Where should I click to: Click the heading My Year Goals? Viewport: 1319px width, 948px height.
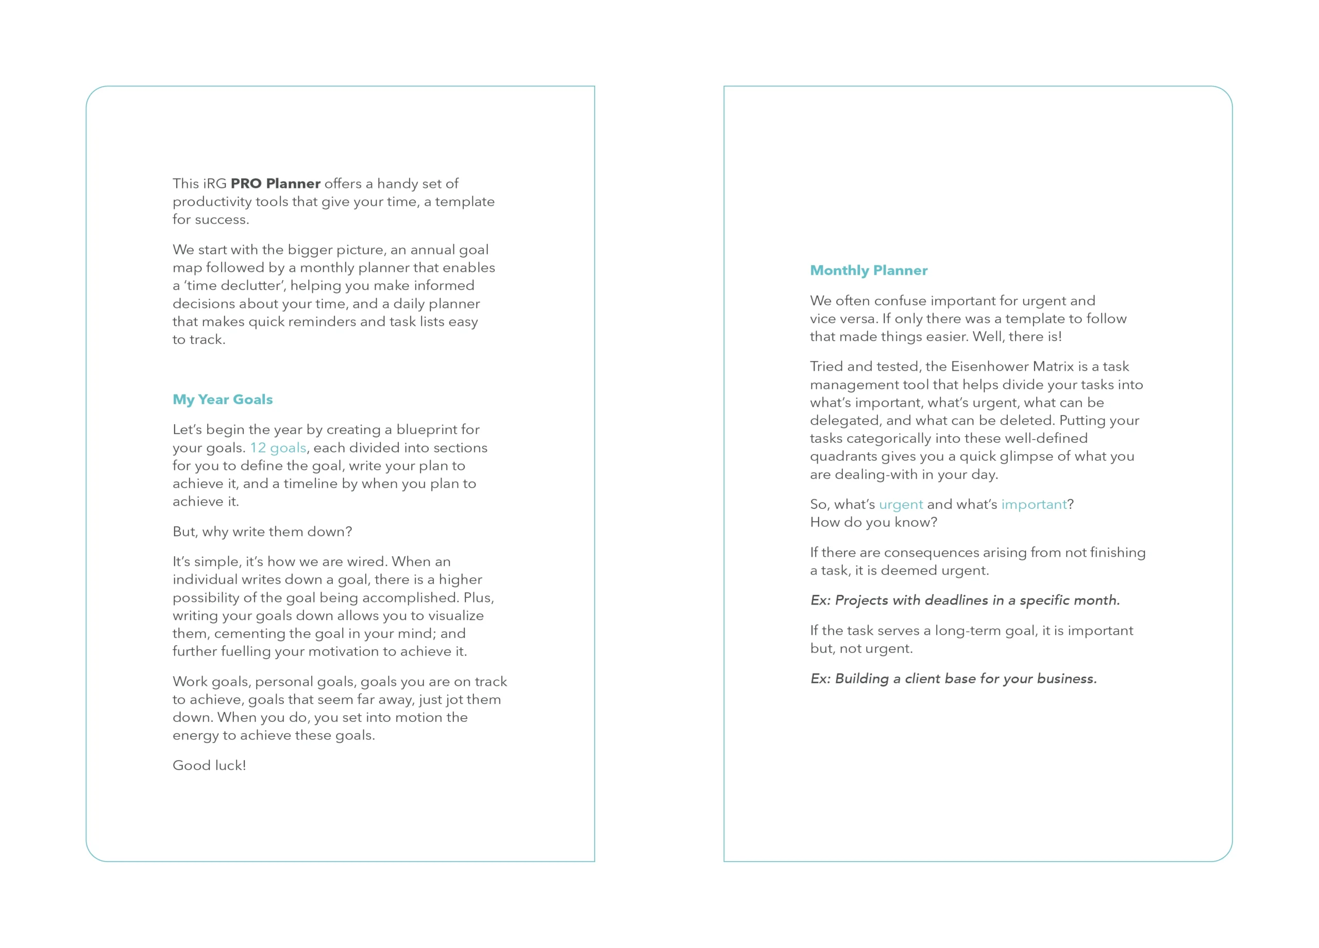pyautogui.click(x=222, y=399)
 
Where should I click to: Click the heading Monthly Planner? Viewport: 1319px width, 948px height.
pyautogui.click(x=868, y=270)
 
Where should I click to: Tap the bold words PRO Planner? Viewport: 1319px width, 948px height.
pyautogui.click(x=275, y=184)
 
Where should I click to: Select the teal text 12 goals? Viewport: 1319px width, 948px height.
pyautogui.click(x=278, y=447)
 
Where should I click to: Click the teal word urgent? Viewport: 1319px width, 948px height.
pyautogui.click(x=900, y=505)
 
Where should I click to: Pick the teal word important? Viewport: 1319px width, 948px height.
pyautogui.click(x=1034, y=505)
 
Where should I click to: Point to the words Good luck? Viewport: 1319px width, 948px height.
pyautogui.click(x=209, y=766)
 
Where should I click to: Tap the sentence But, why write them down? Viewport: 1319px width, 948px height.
pyautogui.click(x=262, y=532)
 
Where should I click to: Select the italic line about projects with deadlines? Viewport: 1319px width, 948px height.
pyautogui.click(x=965, y=600)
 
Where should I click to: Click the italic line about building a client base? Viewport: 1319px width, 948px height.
pyautogui.click(x=953, y=679)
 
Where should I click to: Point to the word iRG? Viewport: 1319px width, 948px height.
pyautogui.click(x=215, y=184)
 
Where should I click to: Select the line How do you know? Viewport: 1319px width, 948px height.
pyautogui.click(x=873, y=523)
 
